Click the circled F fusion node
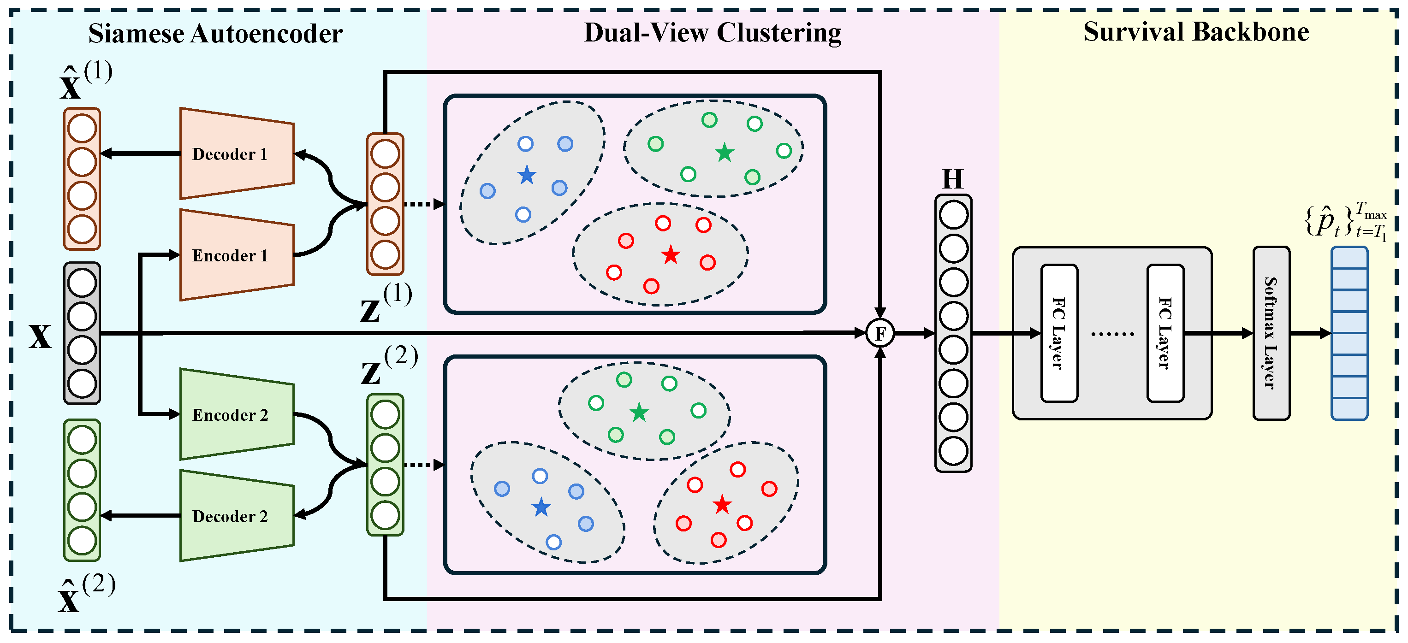pyautogui.click(x=880, y=333)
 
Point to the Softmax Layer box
pyautogui.click(x=1271, y=333)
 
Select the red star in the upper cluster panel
pyautogui.click(x=671, y=255)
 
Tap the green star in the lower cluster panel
pyautogui.click(x=639, y=413)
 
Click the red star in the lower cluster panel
pyautogui.click(x=722, y=505)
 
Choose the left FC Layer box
pyautogui.click(x=1059, y=333)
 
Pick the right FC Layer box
pyautogui.click(x=1165, y=333)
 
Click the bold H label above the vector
pyautogui.click(x=953, y=179)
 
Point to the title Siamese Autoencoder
pyautogui.click(x=215, y=34)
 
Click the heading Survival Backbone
pyautogui.click(x=1196, y=32)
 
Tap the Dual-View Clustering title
pyautogui.click(x=712, y=33)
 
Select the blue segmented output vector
pyautogui.click(x=1349, y=333)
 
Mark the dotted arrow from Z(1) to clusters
pyautogui.click(x=424, y=204)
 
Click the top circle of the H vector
pyautogui.click(x=953, y=215)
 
